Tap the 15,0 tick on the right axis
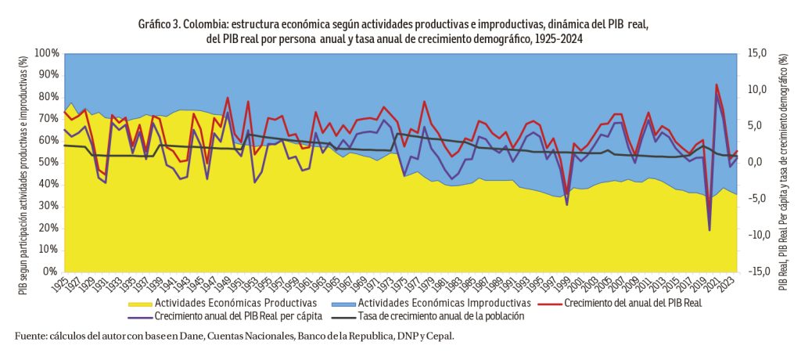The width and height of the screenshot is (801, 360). click(757, 52)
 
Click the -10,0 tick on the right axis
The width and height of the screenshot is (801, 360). click(756, 235)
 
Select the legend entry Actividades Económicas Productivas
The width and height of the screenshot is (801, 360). click(235, 302)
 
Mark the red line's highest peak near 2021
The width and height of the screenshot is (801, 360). click(717, 84)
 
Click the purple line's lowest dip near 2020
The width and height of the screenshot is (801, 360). click(709, 230)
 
